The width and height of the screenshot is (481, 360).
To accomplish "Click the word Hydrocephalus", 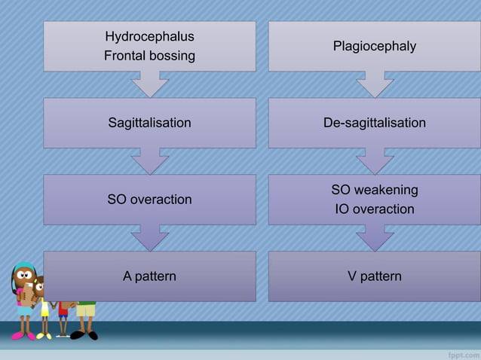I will coord(149,36).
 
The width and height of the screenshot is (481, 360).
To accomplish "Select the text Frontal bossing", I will coord(149,56).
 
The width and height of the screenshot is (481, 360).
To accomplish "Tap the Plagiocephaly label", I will coord(374,47).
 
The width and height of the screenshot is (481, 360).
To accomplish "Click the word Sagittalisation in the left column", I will coord(149,123).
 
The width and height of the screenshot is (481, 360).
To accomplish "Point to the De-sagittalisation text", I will coord(374,123).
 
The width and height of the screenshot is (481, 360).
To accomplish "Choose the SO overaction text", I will coord(149,200).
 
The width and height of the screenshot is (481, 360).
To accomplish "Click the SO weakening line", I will coord(374,190).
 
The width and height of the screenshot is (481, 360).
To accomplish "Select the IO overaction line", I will coord(374,209).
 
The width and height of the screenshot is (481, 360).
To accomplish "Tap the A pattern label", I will coord(149,276).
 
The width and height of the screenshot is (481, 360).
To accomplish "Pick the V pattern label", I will coord(374,276).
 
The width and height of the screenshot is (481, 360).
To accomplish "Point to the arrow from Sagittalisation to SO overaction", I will coord(149,161).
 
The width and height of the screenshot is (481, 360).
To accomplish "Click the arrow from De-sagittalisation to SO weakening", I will coord(374,161).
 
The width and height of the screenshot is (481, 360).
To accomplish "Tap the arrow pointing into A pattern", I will coord(149,238).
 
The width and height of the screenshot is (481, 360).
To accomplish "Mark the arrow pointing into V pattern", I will coord(374,238).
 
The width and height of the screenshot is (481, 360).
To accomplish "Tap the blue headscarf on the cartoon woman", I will coord(23,267).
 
